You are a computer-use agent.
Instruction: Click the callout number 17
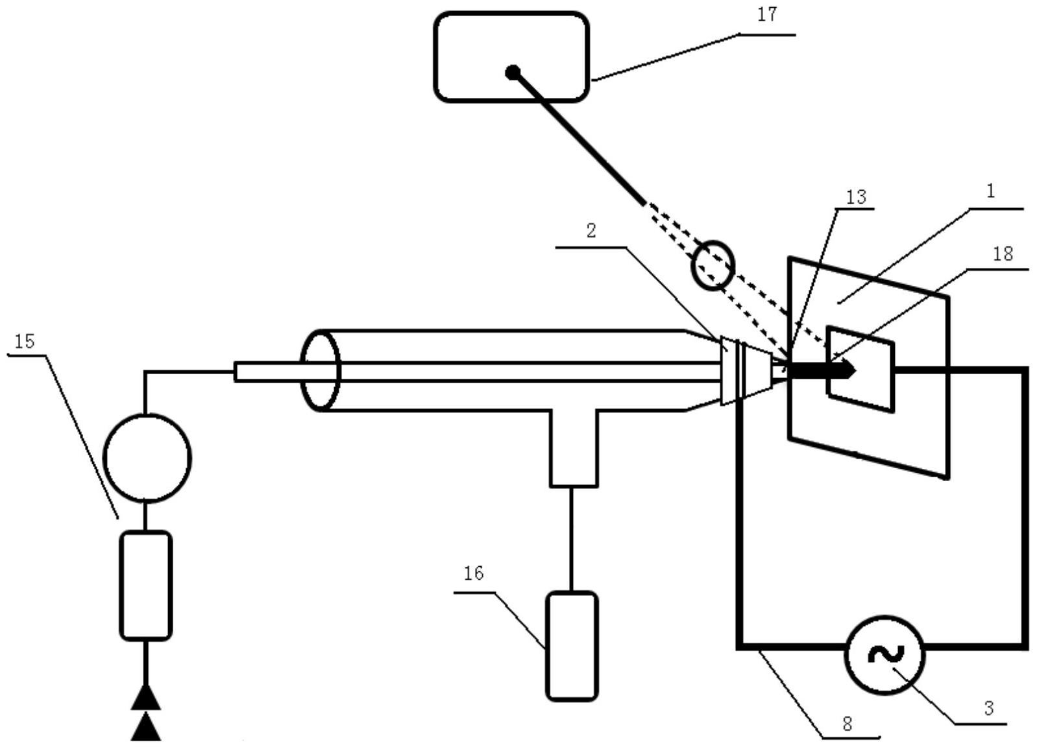click(767, 15)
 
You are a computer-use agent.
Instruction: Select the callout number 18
click(1003, 254)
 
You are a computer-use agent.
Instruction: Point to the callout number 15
click(24, 342)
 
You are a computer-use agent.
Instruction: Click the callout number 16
click(474, 573)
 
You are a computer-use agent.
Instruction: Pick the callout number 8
click(847, 724)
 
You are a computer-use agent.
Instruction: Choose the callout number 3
click(988, 708)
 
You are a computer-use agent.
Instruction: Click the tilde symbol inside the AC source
click(884, 655)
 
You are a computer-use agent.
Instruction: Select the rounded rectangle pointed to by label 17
click(511, 57)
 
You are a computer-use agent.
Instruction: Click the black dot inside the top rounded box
click(513, 71)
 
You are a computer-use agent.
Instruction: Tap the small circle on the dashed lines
click(713, 265)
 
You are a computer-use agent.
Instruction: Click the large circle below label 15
click(147, 457)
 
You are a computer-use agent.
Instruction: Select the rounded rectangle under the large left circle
click(146, 585)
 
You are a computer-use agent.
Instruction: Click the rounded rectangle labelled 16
click(571, 646)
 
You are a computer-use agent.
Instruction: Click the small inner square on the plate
click(860, 369)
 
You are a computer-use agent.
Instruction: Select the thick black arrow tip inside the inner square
click(849, 370)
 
